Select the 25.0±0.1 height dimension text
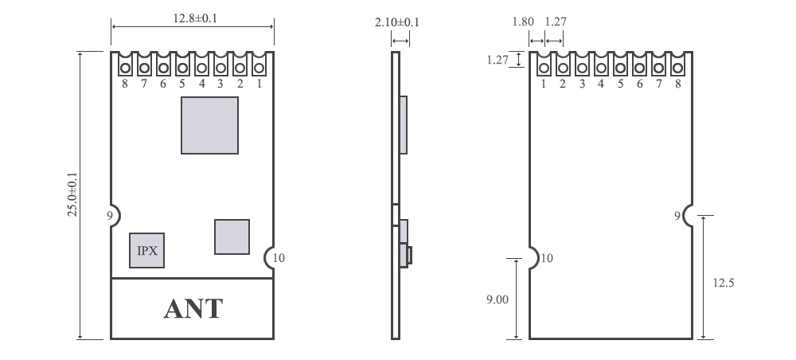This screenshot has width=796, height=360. coord(72,195)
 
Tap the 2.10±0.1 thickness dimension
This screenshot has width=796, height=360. coord(397,24)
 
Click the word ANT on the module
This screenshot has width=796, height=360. coord(193,309)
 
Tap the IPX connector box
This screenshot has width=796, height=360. coord(147,250)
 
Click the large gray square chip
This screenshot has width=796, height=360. coord(209,125)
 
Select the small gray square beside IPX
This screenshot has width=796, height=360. coord(232,237)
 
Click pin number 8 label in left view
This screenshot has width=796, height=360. coord(125,84)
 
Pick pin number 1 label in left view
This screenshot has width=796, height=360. coord(259,84)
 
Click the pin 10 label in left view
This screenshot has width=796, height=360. coord(278,257)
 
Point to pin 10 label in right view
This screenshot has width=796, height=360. coord(547,257)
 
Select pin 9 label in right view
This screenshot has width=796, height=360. coord(677,215)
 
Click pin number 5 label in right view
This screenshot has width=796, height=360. coord(620,84)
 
